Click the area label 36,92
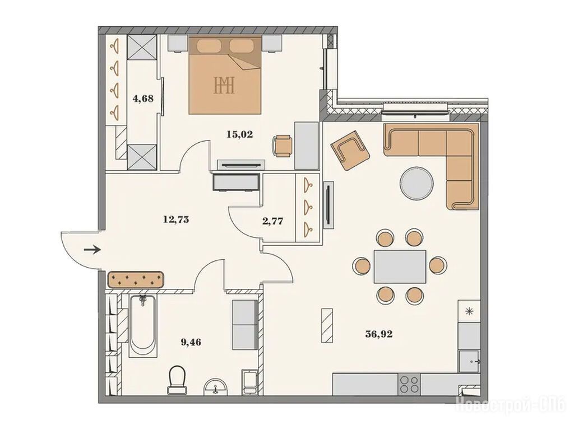pyautogui.click(x=379, y=334)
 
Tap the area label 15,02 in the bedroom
pyautogui.click(x=240, y=134)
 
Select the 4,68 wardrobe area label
pyautogui.click(x=143, y=99)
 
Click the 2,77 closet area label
pyautogui.click(x=273, y=221)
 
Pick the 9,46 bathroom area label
pyautogui.click(x=191, y=342)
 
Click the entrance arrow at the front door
pyautogui.click(x=92, y=250)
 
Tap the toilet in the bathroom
pyautogui.click(x=178, y=380)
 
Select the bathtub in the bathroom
pyautogui.click(x=143, y=326)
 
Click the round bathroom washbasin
pyautogui.click(x=216, y=387)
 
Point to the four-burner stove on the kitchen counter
pyautogui.click(x=409, y=384)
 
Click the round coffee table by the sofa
pyautogui.click(x=417, y=183)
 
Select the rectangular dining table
pyautogui.click(x=400, y=267)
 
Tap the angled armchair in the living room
pyautogui.click(x=350, y=149)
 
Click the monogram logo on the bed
pyautogui.click(x=224, y=85)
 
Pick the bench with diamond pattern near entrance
pyautogui.click(x=136, y=280)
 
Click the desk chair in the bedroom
pyautogui.click(x=283, y=146)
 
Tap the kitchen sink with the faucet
pyautogui.click(x=469, y=362)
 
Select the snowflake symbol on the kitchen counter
pyautogui.click(x=469, y=311)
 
